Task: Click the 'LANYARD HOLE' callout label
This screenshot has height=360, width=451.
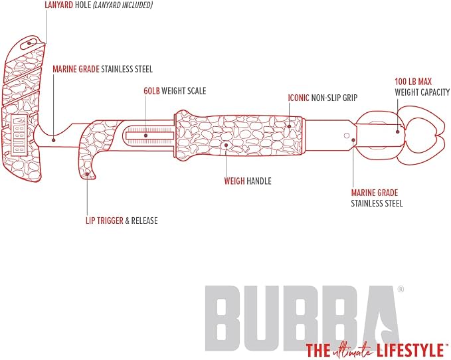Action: click(x=68, y=5)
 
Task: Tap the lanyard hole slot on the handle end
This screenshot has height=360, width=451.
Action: click(x=29, y=43)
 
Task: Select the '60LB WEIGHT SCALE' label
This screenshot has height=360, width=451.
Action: click(x=175, y=91)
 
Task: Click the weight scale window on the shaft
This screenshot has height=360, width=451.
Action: click(x=149, y=135)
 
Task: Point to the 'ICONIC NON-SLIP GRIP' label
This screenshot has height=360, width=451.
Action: click(x=323, y=98)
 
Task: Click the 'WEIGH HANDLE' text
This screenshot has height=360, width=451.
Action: click(x=248, y=181)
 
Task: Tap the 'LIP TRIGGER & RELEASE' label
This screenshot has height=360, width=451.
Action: click(x=122, y=221)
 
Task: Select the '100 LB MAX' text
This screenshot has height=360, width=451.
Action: click(x=413, y=82)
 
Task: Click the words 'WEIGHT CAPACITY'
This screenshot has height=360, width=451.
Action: click(x=422, y=92)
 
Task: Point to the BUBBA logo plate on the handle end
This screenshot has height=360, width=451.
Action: click(x=19, y=135)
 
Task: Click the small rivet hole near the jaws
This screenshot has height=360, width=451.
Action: click(x=347, y=135)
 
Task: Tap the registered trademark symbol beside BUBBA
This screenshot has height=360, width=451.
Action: click(x=401, y=290)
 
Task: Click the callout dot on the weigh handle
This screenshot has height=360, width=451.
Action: click(x=226, y=145)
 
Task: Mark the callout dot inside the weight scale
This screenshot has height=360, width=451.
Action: click(x=146, y=135)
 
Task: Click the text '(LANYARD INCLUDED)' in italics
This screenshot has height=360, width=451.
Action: click(x=122, y=5)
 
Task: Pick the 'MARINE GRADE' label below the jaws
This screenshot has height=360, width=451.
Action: click(x=375, y=193)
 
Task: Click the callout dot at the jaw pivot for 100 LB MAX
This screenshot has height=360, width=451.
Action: click(x=397, y=132)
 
